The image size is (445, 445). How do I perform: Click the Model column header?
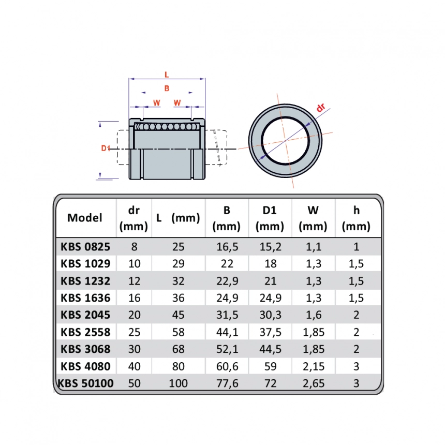point(84,218)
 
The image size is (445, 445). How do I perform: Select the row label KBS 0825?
point(85,247)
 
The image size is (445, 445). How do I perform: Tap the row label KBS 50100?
point(85,383)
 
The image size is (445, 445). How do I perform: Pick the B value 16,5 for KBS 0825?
point(227,247)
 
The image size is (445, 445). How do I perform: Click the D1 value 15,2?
point(270,247)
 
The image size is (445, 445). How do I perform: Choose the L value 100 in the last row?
point(178,383)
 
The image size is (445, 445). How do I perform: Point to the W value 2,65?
point(314,383)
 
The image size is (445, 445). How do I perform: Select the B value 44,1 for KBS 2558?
point(227,332)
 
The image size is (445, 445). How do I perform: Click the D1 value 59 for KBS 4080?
point(270,366)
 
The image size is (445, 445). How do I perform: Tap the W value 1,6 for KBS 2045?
point(314,315)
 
